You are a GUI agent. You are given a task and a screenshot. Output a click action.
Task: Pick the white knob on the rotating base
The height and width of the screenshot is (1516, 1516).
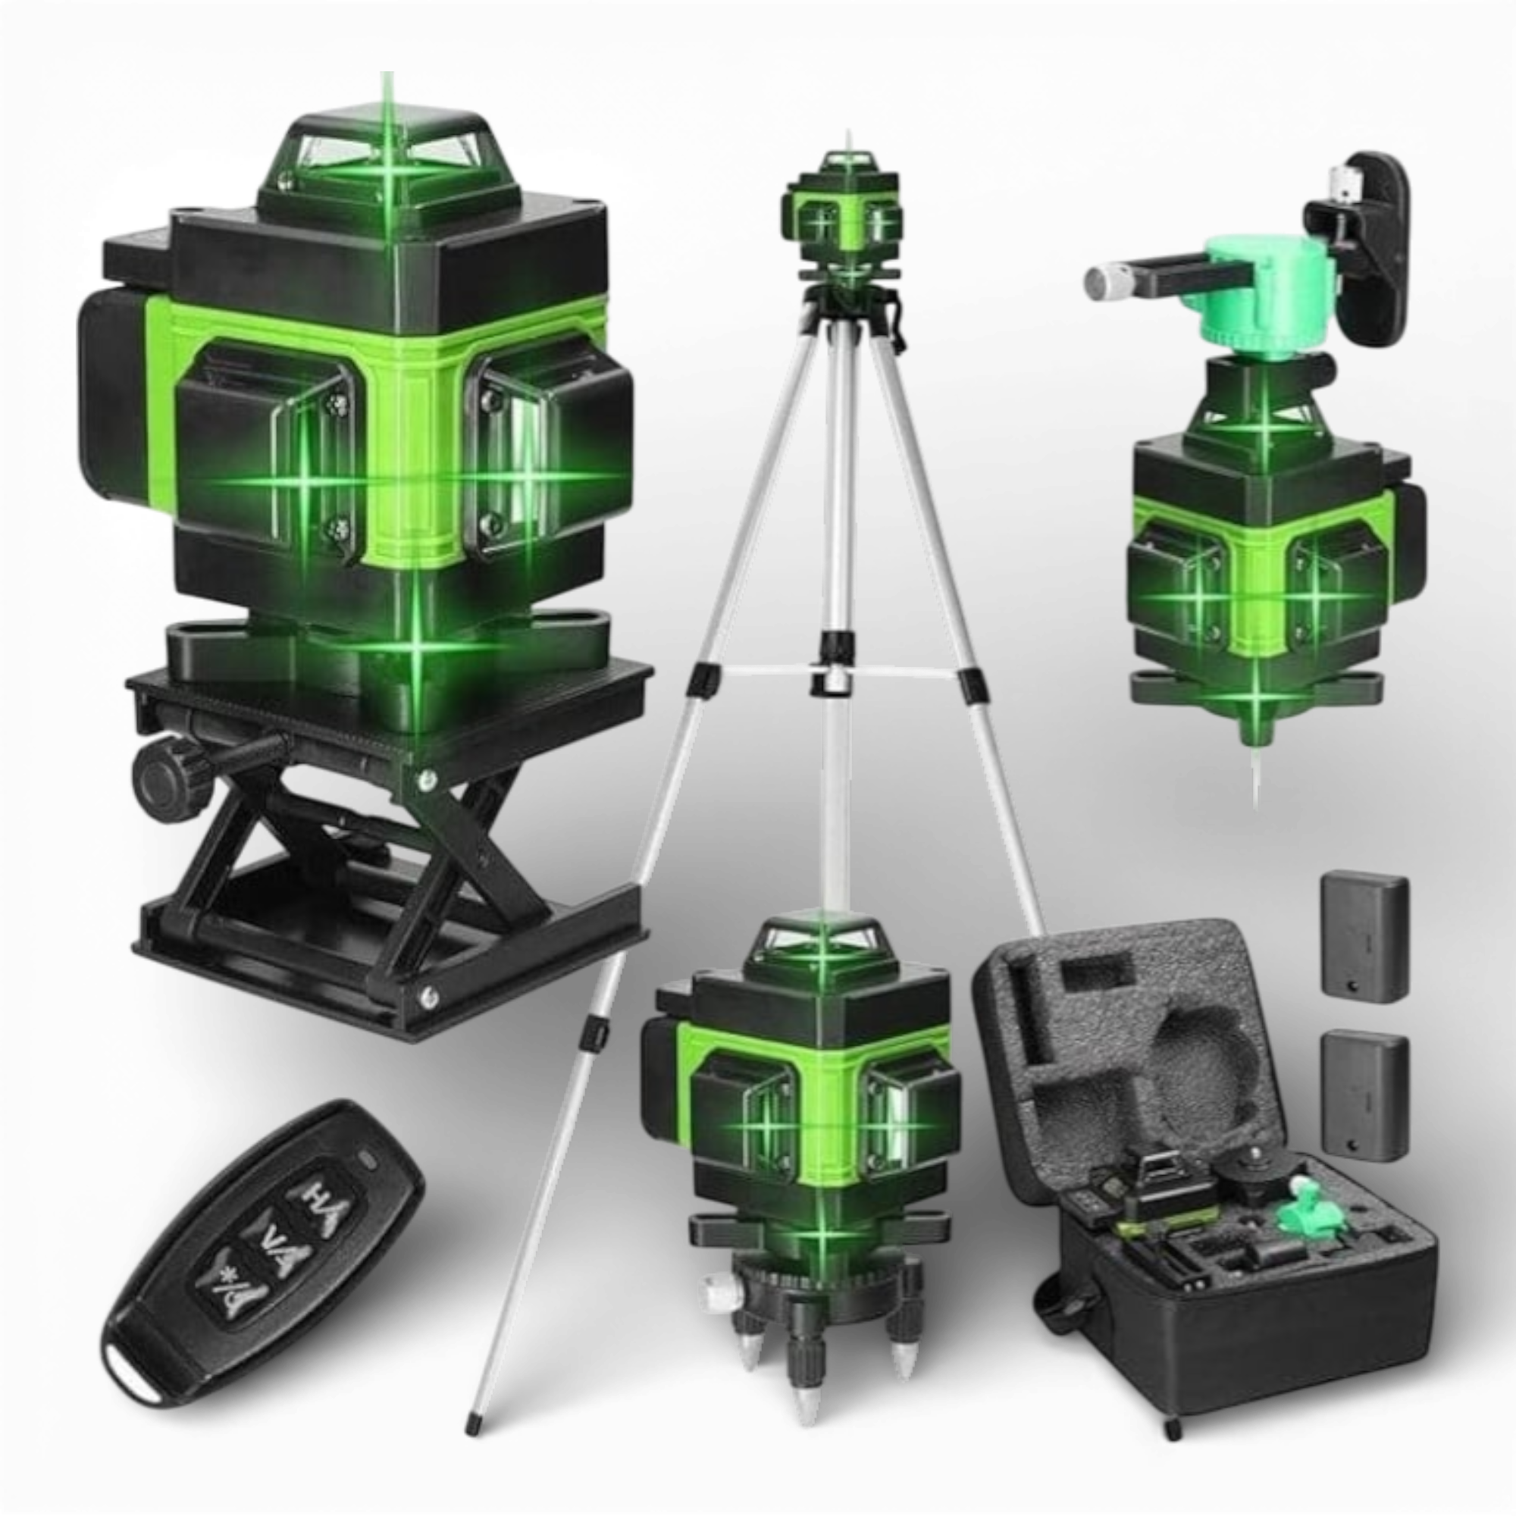[716, 1291]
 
